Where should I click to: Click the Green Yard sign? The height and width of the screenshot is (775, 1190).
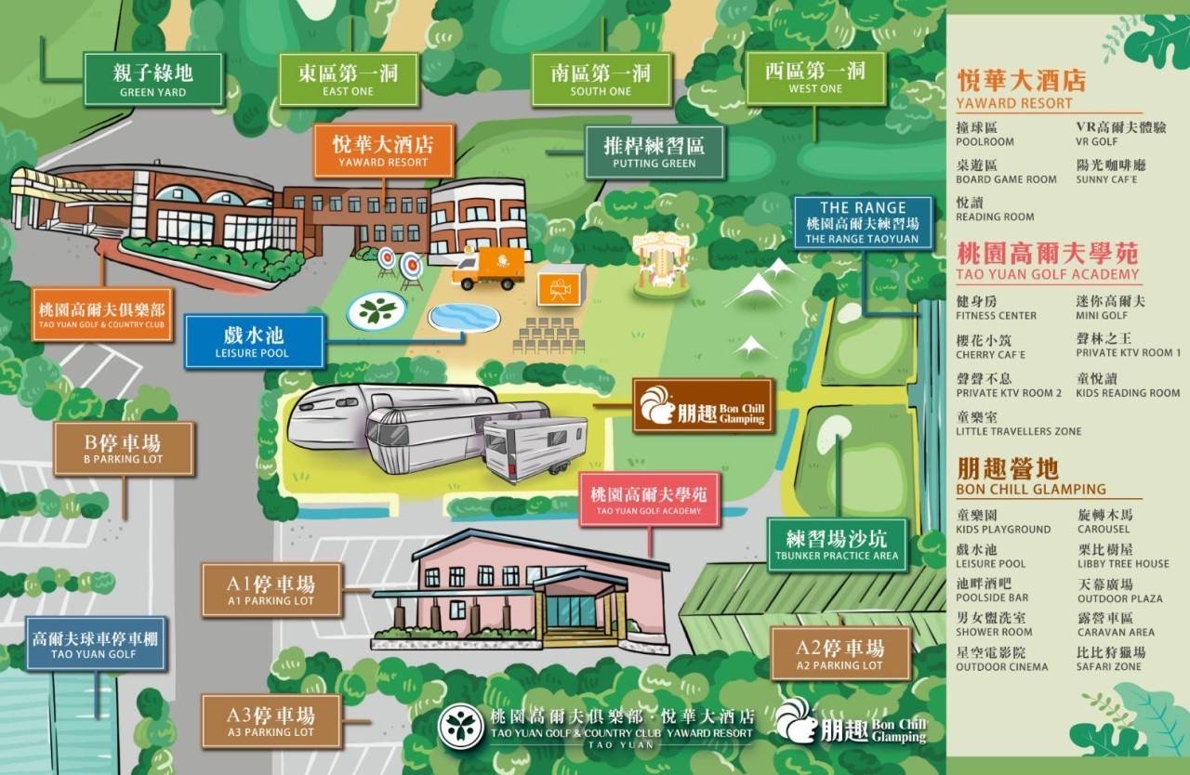click(x=152, y=79)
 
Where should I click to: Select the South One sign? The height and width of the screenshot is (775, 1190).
click(x=601, y=79)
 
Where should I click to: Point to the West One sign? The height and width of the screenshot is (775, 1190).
click(x=814, y=77)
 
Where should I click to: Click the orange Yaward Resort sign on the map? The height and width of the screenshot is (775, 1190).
click(x=383, y=151)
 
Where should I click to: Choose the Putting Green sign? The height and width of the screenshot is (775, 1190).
click(x=654, y=151)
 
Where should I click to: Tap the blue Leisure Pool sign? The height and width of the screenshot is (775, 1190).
click(x=253, y=341)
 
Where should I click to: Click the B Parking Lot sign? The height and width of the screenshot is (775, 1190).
click(x=124, y=449)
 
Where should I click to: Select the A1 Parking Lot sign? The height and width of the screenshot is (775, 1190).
click(x=271, y=589)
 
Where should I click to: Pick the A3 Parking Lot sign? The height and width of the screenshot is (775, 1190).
click(x=271, y=721)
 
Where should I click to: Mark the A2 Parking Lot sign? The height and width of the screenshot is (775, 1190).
click(x=840, y=653)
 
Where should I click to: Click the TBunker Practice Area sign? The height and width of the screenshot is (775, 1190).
click(x=837, y=545)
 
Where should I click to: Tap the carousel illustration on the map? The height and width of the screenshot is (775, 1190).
click(x=662, y=264)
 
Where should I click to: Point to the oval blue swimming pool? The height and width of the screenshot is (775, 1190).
click(x=463, y=317)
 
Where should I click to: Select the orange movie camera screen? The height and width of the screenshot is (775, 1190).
click(x=561, y=285)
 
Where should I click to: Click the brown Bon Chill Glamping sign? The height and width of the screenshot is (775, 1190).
click(x=703, y=405)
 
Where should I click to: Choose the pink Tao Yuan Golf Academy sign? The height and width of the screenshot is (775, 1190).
click(x=649, y=500)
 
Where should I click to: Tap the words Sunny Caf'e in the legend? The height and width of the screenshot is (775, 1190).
click(x=1106, y=179)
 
